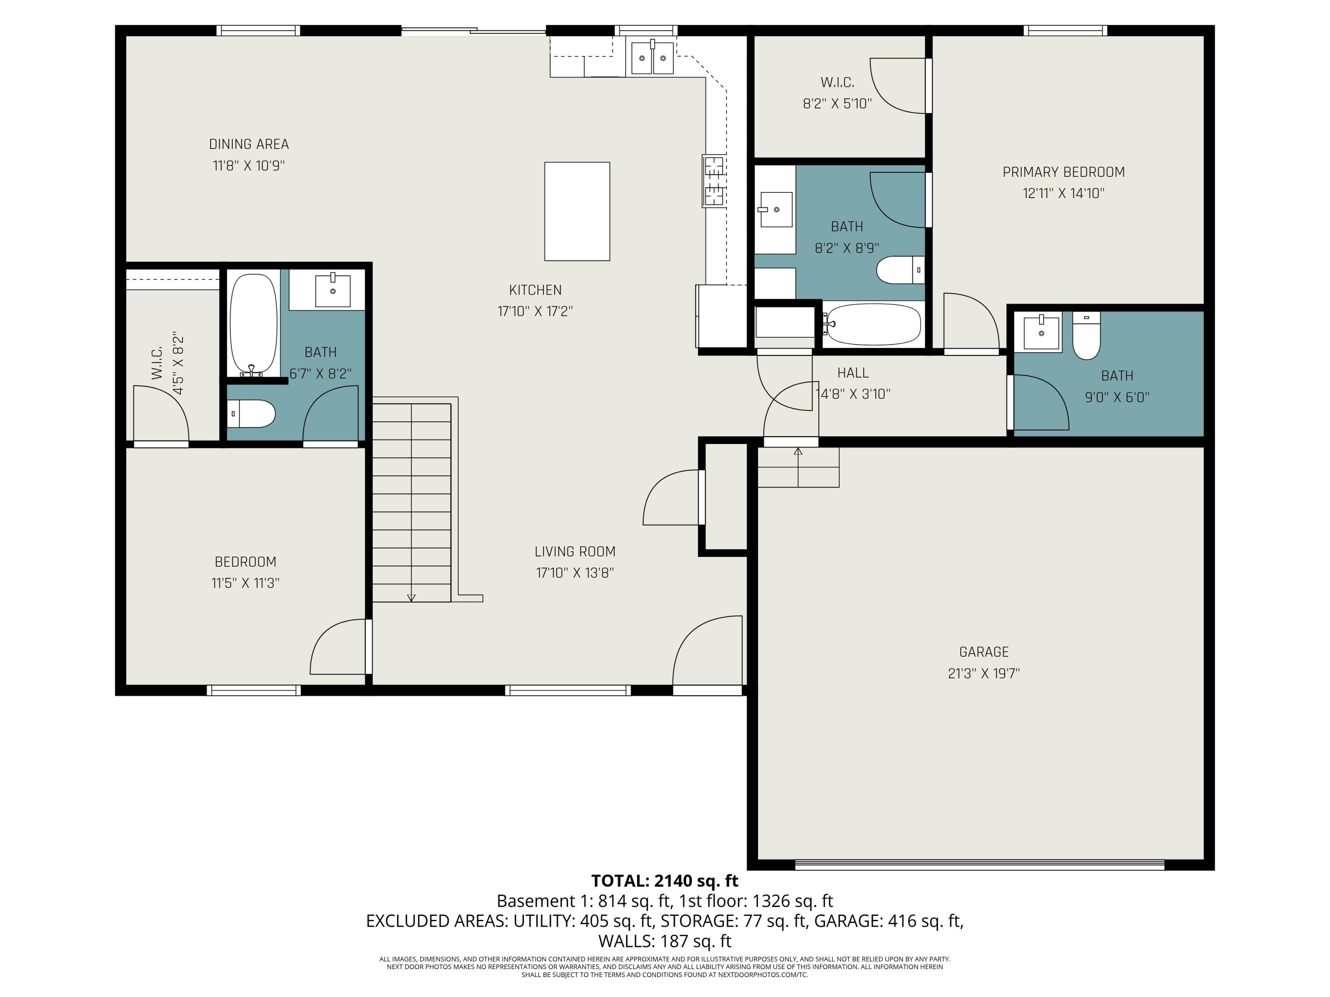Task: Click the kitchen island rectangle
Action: [577, 211]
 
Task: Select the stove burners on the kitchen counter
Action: [714, 181]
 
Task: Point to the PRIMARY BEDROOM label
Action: [1063, 172]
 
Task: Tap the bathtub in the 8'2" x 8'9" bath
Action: [872, 324]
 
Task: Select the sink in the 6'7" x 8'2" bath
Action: [332, 291]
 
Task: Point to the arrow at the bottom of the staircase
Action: [411, 597]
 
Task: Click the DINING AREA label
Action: [248, 144]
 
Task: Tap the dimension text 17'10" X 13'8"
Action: [575, 572]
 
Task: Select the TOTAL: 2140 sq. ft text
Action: [665, 881]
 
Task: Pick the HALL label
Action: [853, 373]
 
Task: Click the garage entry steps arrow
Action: [798, 452]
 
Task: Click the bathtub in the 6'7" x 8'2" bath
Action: [254, 324]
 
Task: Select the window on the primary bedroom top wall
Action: [1065, 30]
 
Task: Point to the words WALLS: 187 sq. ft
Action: [665, 941]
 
